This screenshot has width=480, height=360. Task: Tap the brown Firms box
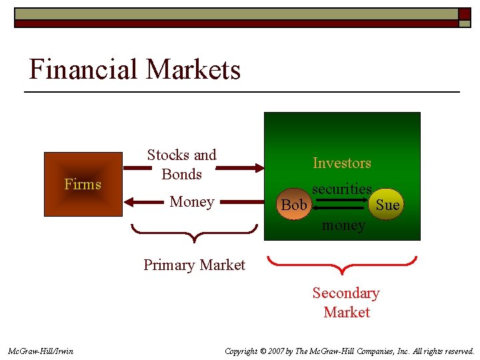pos(83,184)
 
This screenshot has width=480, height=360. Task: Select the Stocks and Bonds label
pos(181,165)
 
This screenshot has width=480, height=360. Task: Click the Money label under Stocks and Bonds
pos(192,201)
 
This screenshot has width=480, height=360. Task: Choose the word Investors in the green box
pos(342,163)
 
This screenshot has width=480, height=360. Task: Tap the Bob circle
pos(294,205)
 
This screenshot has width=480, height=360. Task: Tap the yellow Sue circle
pos(387,204)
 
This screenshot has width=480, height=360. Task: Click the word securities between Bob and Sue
pos(341,189)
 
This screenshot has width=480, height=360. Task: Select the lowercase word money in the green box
pos(343,225)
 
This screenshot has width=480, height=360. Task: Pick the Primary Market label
pos(194,265)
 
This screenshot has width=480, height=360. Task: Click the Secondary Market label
pos(346,302)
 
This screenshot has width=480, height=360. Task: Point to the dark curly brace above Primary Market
pos(194,233)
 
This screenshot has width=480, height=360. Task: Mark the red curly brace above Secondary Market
pos(342,265)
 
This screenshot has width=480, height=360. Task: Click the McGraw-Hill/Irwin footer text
pos(41,351)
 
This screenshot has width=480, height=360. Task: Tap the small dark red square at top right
pos(464,13)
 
